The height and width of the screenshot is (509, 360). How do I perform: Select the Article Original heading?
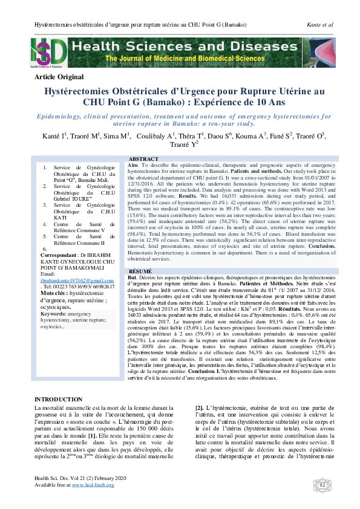point(59,77)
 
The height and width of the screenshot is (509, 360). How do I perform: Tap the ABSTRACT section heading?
point(145,158)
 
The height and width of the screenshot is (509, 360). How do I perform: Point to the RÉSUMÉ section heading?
point(141,271)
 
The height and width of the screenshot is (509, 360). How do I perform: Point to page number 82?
point(321,484)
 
